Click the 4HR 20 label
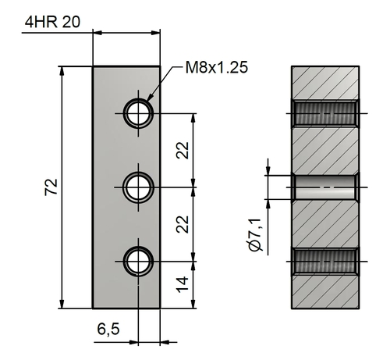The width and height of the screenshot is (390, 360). click(52, 22)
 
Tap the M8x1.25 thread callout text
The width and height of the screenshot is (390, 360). click(217, 67)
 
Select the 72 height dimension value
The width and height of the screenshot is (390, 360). click(51, 187)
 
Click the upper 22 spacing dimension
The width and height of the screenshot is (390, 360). click(183, 150)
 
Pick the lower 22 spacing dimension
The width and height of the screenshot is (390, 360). click(183, 224)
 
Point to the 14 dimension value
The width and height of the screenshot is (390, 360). click(183, 284)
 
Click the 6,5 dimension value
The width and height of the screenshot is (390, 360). click(108, 329)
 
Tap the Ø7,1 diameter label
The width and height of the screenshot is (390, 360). click(254, 235)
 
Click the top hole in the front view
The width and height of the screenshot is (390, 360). click(138, 113)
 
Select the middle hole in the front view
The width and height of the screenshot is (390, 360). click(138, 187)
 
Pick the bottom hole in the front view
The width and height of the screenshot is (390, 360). click(138, 261)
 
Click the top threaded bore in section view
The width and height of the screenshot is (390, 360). click(325, 113)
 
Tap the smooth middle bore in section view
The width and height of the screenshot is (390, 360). click(325, 187)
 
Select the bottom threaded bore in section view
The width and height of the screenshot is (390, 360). click(325, 261)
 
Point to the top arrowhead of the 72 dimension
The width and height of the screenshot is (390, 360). click(62, 71)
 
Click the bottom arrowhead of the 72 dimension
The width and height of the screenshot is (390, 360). click(62, 304)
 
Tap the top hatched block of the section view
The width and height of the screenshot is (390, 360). click(325, 83)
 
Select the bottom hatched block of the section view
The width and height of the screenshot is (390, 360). click(325, 292)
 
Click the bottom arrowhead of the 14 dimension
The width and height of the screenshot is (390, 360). click(193, 304)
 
